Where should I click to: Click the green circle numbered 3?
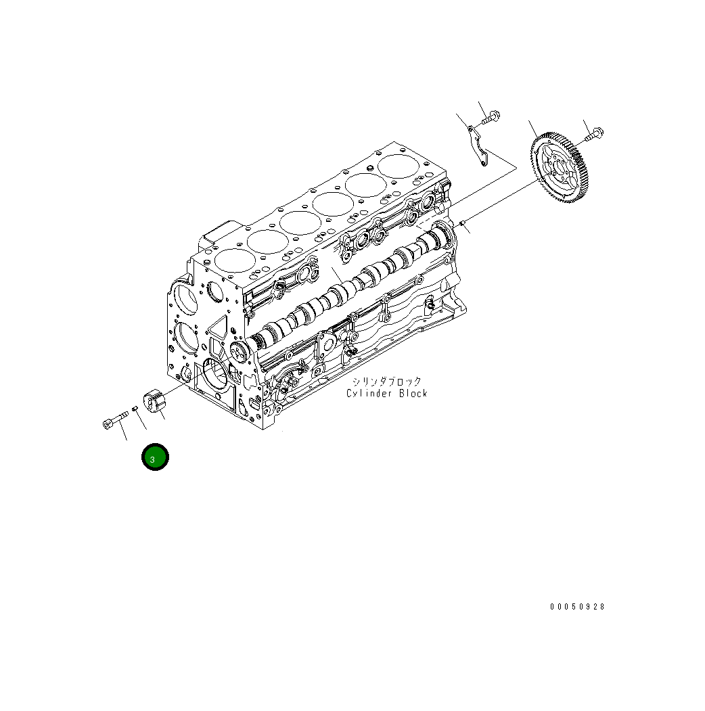[155, 457]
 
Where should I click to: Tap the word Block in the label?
[413, 394]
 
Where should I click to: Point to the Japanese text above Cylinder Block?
[387, 382]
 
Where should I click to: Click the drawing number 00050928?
[577, 607]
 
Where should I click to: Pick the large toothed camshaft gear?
[562, 168]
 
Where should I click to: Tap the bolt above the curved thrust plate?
[491, 118]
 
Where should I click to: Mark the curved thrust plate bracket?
[476, 146]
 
